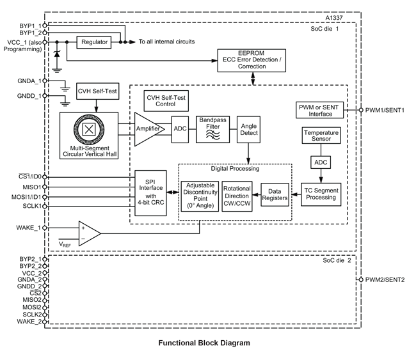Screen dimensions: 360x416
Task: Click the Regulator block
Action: point(93,42)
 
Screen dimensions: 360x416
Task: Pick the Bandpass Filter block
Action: point(212,129)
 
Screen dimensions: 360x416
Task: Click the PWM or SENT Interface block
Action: point(320,110)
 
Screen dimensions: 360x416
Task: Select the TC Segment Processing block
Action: point(321,194)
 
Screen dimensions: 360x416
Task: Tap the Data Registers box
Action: point(274,195)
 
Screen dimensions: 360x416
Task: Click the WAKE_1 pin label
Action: point(28,227)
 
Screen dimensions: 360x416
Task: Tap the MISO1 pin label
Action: point(31,187)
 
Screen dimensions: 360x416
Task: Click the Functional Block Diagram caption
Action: point(204,343)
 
